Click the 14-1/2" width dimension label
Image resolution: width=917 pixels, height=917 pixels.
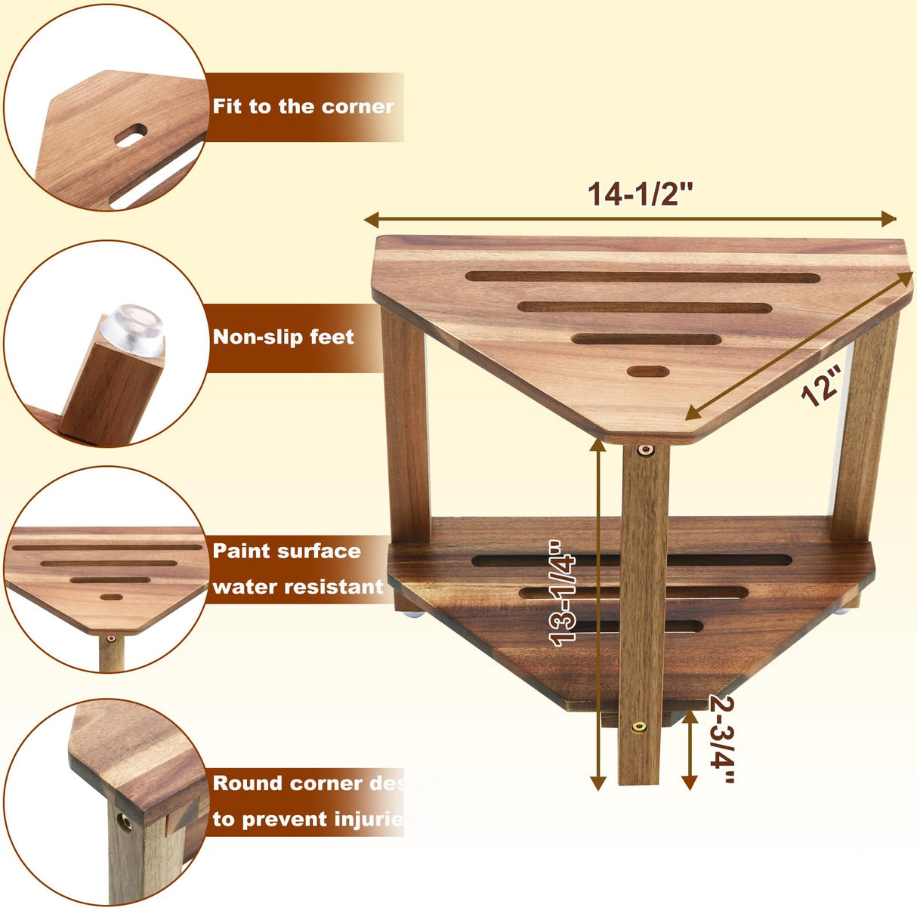[x=640, y=194]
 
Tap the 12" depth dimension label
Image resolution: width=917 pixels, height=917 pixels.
[x=821, y=385]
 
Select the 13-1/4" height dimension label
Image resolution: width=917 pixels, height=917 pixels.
[x=563, y=593]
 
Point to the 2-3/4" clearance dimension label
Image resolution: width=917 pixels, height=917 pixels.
[x=722, y=739]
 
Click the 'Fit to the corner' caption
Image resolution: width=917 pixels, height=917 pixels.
[x=303, y=107]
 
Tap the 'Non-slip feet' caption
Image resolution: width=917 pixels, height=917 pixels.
[x=283, y=337]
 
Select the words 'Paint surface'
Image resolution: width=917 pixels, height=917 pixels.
[x=286, y=551]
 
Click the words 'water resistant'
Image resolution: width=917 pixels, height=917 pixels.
[x=298, y=587]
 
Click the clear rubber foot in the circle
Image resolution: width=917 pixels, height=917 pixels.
[x=133, y=329]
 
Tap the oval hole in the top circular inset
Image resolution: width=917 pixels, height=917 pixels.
[x=131, y=136]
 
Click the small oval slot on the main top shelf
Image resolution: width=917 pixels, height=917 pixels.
[x=648, y=372]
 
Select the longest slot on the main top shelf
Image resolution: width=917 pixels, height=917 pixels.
[x=642, y=277]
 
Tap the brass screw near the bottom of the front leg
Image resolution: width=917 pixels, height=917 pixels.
[x=639, y=727]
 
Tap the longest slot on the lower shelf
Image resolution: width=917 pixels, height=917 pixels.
[x=631, y=560]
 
